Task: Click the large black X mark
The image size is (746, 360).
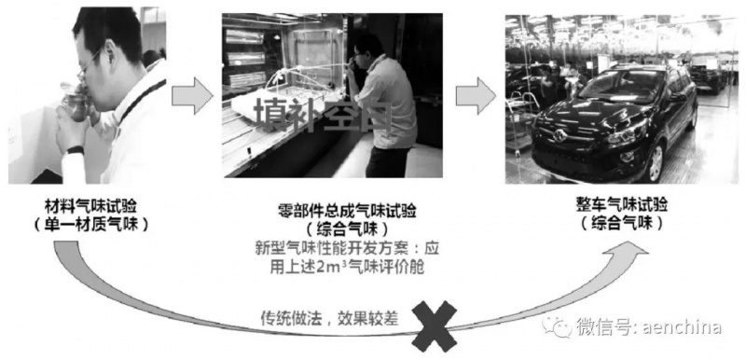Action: pyautogui.click(x=434, y=325)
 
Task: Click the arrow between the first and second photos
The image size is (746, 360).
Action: pyautogui.click(x=192, y=95)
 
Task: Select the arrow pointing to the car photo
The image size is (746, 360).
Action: pyautogui.click(x=476, y=95)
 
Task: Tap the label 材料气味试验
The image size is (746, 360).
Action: pyautogui.click(x=90, y=206)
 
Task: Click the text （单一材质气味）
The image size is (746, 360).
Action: pyautogui.click(x=90, y=225)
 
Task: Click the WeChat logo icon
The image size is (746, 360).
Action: pyautogui.click(x=557, y=327)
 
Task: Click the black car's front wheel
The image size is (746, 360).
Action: pyautogui.click(x=656, y=162)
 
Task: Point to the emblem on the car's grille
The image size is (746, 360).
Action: pyautogui.click(x=559, y=136)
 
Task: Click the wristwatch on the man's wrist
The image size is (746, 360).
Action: pyautogui.click(x=75, y=151)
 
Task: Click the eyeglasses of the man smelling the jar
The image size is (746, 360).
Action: pyautogui.click(x=90, y=63)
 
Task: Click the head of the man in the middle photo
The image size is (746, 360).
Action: pyautogui.click(x=366, y=54)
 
